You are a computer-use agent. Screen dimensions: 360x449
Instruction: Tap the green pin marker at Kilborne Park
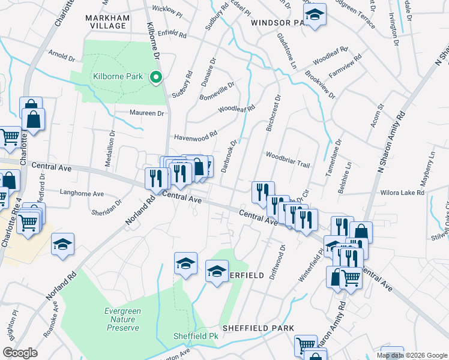(156, 77)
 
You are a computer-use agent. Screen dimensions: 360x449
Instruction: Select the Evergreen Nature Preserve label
(122, 319)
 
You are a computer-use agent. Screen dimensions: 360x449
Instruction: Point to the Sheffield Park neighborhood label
(258, 328)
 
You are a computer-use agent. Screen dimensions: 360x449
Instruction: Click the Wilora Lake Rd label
(403, 193)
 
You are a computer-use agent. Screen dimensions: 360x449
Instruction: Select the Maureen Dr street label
(147, 113)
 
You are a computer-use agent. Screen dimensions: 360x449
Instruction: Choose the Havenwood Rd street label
(195, 137)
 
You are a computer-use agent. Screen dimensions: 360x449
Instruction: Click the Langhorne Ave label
(82, 193)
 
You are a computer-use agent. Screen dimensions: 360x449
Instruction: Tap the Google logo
(20, 352)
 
